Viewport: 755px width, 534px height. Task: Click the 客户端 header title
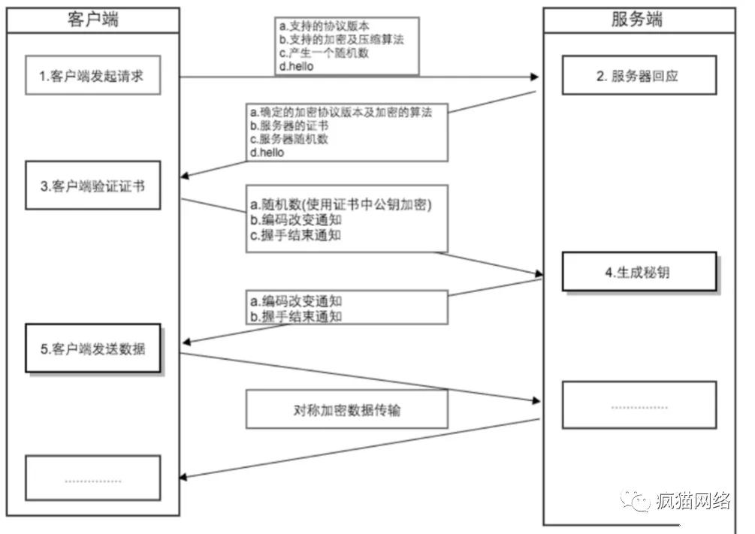tap(92, 20)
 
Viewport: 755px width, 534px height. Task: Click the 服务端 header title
tap(639, 20)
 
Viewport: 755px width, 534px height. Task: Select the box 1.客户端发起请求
tap(93, 75)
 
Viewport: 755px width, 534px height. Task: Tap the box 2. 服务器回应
tap(639, 75)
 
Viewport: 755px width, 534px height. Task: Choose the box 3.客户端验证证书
tap(93, 185)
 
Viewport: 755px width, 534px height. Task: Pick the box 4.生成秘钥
tap(639, 272)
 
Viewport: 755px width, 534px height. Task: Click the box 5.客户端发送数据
tap(93, 348)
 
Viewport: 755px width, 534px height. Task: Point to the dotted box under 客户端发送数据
tap(93, 478)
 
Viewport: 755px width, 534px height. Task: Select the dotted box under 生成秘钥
tap(639, 406)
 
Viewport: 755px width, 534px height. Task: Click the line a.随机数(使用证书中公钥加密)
tap(342, 205)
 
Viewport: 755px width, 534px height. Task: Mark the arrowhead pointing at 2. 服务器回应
tap(536, 77)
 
